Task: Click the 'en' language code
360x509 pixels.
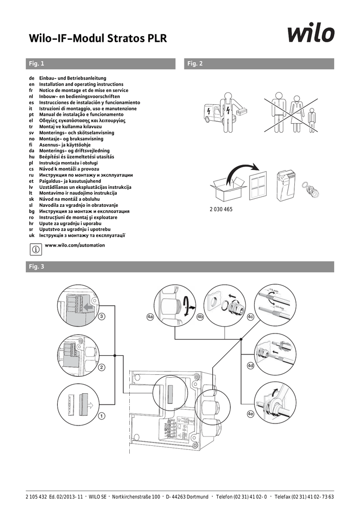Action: click(x=31, y=85)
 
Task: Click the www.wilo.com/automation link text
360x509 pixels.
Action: click(x=75, y=246)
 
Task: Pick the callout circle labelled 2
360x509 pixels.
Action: click(x=101, y=368)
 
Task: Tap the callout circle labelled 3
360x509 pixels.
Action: click(x=101, y=316)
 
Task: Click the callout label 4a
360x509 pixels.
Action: click(x=150, y=316)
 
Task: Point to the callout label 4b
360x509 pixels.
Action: click(x=200, y=316)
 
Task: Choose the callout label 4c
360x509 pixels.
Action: click(x=251, y=316)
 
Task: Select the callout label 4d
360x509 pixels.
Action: click(x=251, y=365)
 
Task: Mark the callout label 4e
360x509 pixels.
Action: click(x=250, y=414)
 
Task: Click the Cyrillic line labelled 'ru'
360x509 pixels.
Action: click(x=86, y=175)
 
